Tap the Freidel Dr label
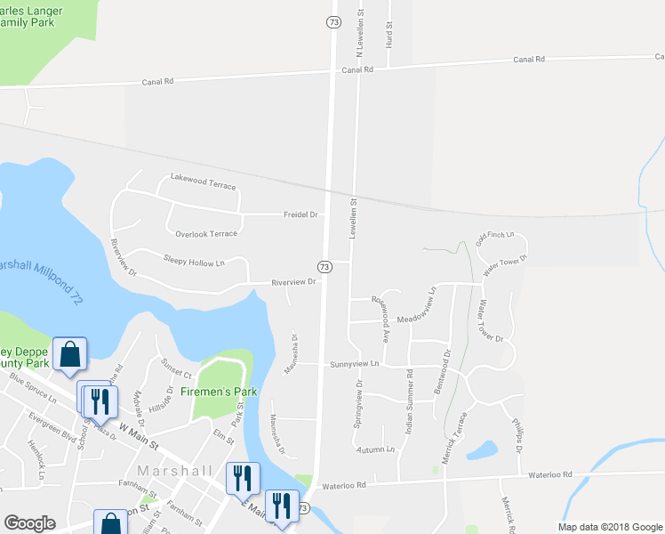click(300, 214)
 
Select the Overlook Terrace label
click(206, 233)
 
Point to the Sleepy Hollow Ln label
click(194, 261)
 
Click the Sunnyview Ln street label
click(354, 364)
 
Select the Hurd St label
click(389, 36)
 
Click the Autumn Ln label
click(374, 450)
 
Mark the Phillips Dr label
click(517, 435)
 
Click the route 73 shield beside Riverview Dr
click(324, 266)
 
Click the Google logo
click(29, 523)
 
